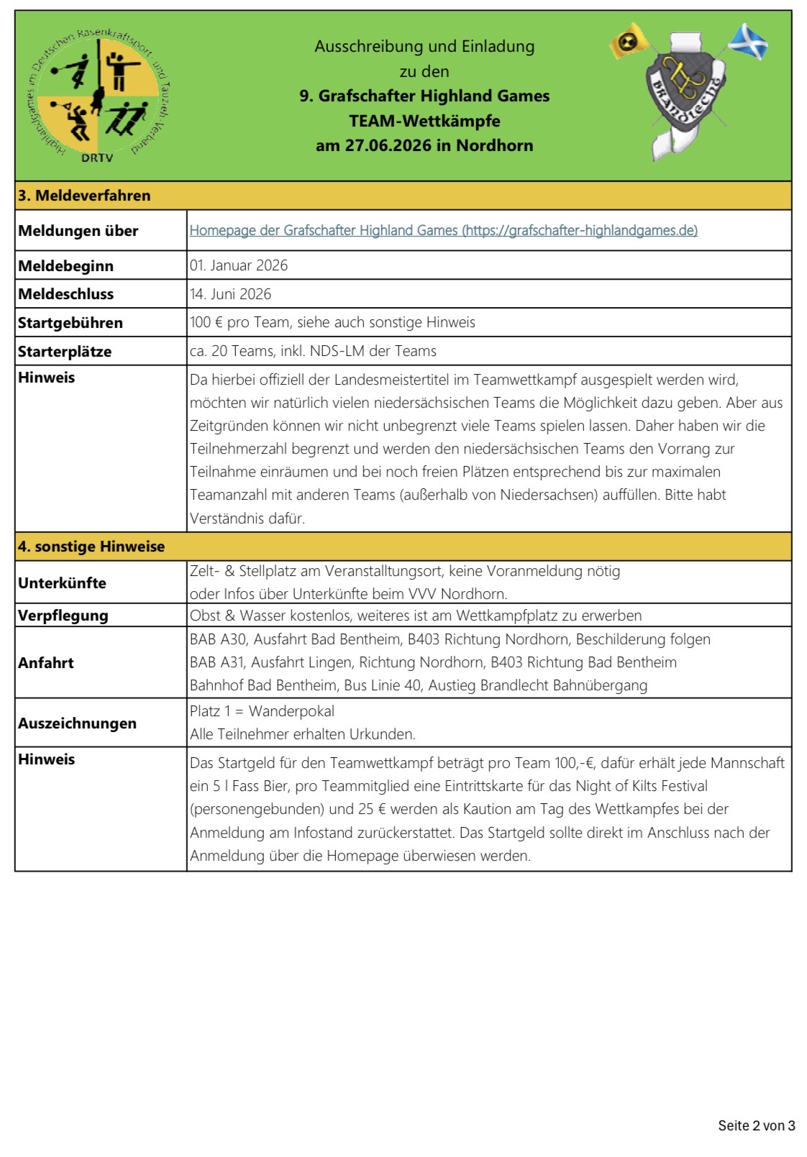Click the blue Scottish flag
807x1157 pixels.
[748, 41]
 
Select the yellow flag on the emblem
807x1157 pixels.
[629, 42]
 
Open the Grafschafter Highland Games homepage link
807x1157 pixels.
[443, 230]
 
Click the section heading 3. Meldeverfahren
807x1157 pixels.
[84, 196]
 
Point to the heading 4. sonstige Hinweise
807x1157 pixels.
[91, 547]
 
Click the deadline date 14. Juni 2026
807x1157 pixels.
[231, 294]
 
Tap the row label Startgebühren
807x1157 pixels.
[70, 323]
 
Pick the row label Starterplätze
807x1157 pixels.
[65, 352]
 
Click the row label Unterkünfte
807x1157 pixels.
[62, 583]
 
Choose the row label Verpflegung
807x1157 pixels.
[63, 616]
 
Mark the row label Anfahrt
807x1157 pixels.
[46, 663]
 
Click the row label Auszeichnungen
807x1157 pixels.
[77, 723]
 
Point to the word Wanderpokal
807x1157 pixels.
[291, 711]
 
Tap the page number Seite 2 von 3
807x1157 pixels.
[756, 1125]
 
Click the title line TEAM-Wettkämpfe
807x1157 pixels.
[424, 121]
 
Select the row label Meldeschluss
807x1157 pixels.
[65, 294]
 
